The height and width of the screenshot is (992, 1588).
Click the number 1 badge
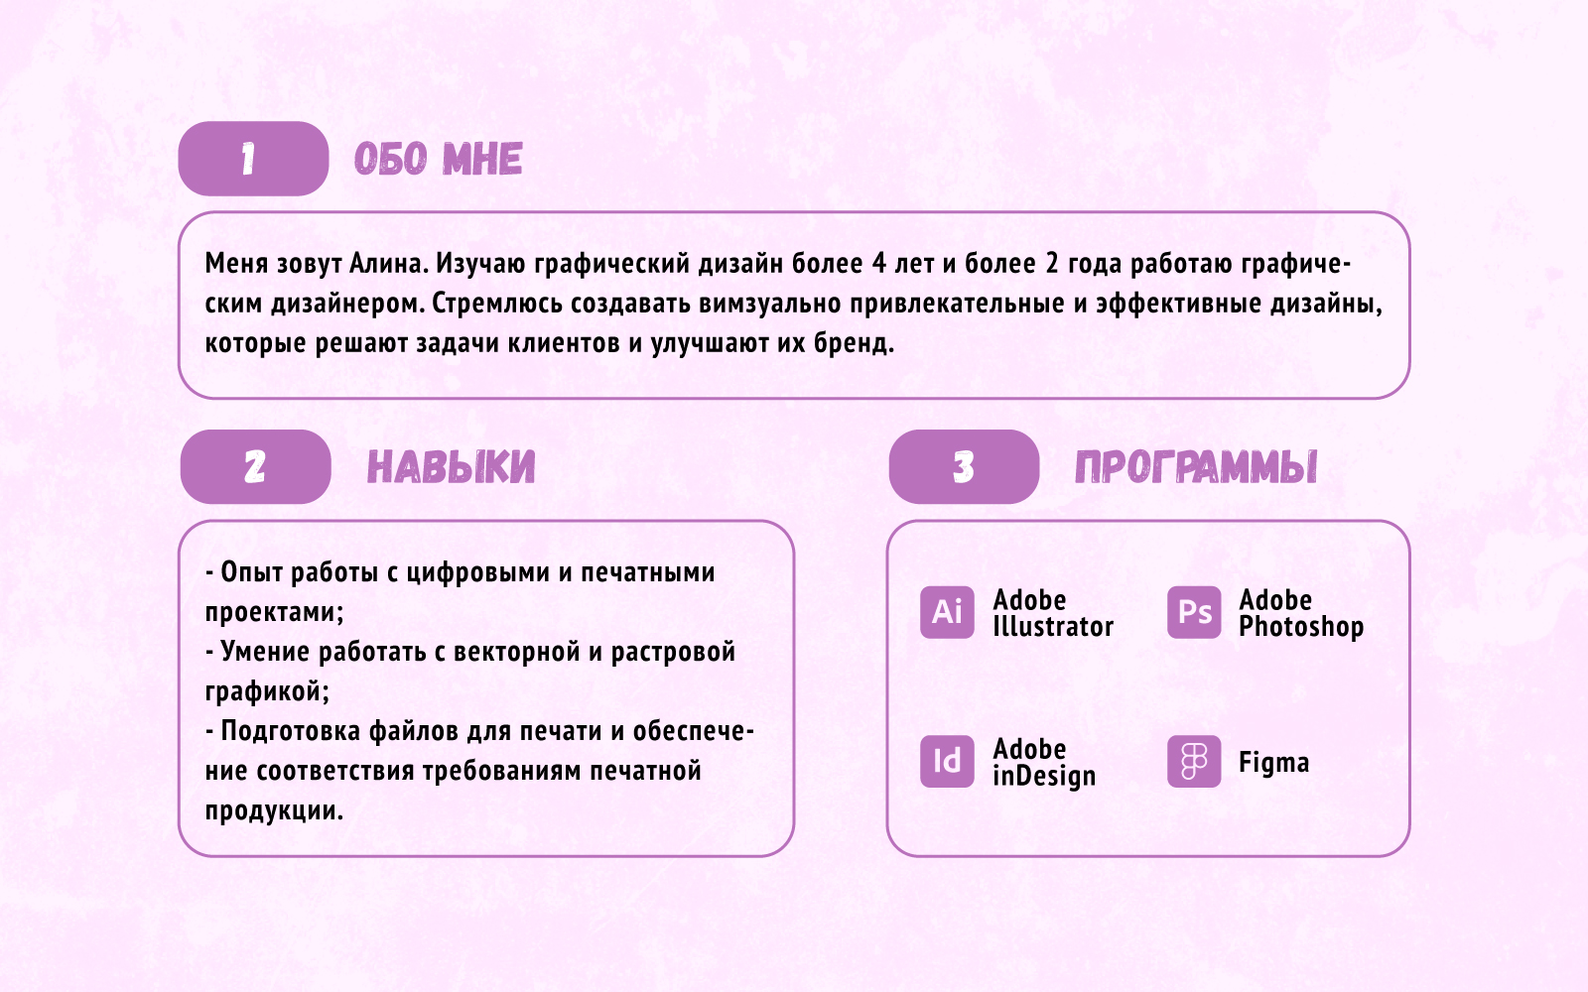coord(253,159)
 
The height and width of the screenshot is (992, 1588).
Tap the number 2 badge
coord(255,466)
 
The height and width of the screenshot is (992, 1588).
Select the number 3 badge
coord(964,466)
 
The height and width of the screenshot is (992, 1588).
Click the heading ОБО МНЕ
coord(438,160)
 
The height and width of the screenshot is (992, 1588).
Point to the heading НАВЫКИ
coord(451,467)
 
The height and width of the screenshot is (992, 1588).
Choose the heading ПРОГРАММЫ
coord(1196,467)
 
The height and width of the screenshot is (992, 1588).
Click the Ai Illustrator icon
coord(947,612)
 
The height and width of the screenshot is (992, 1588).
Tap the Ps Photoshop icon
coord(1194,612)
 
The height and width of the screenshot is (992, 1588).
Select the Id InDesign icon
coord(947,761)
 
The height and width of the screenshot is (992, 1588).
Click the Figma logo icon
coord(1194,761)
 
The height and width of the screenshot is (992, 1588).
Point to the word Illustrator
coord(1053,627)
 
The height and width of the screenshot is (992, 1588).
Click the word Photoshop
coord(1301,627)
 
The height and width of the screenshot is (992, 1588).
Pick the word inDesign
coord(1044,776)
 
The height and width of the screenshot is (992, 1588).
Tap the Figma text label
coord(1273,763)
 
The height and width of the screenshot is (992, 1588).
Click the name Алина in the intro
coord(389,264)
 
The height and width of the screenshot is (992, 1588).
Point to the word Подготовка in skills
coord(291,731)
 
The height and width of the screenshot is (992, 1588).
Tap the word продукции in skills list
coord(274,810)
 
